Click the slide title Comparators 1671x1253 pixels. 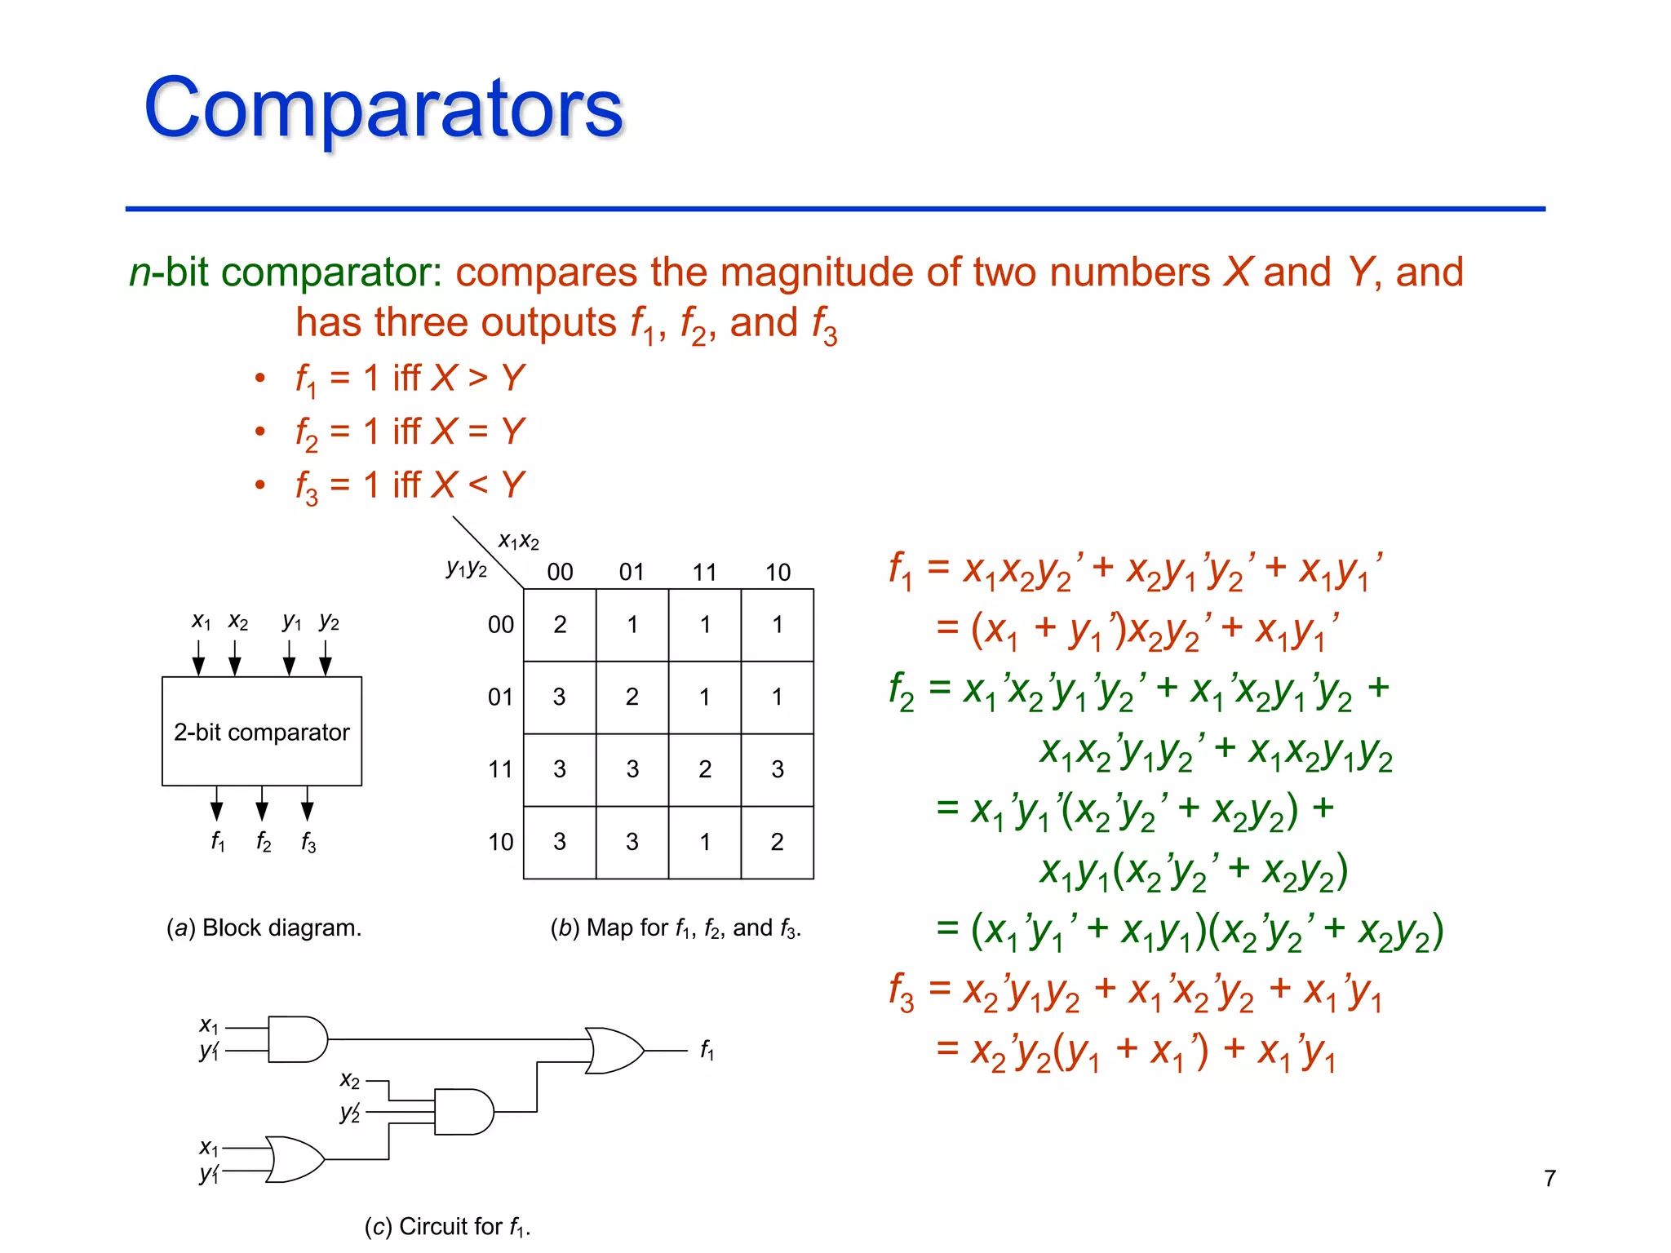(x=383, y=108)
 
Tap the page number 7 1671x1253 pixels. (x=1549, y=1178)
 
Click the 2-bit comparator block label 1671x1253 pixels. (x=261, y=732)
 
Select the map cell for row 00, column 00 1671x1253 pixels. (x=560, y=625)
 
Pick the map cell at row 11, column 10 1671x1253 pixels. (x=777, y=769)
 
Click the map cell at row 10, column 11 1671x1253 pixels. (x=705, y=842)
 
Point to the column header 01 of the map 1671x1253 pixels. (x=632, y=572)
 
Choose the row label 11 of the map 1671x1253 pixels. (x=500, y=769)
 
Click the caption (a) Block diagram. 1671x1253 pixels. (x=264, y=928)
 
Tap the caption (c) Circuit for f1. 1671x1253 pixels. (x=447, y=1227)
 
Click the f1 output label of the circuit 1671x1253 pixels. (x=707, y=1050)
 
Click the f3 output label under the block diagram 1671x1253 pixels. (x=308, y=841)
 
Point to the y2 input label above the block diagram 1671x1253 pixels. (x=329, y=622)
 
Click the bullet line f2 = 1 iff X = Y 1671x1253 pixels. (x=410, y=432)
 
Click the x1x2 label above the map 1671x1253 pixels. (x=519, y=541)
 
